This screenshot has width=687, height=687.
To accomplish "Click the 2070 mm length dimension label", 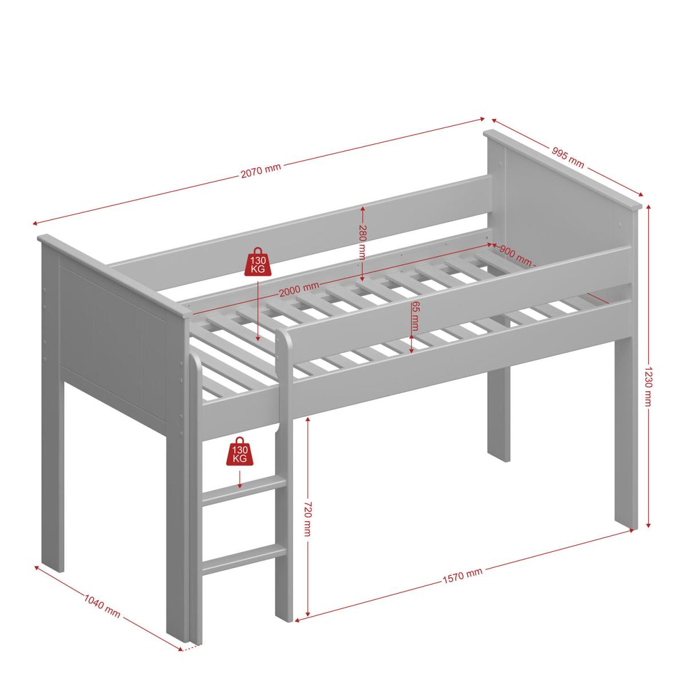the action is click(x=261, y=170).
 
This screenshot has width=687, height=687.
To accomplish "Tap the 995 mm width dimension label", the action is click(x=568, y=157).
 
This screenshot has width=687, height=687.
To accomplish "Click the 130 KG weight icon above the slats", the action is click(x=258, y=262).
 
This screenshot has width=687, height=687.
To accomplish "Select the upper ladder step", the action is click(x=244, y=492).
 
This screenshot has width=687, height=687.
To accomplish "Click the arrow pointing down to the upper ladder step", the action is click(x=239, y=479).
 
